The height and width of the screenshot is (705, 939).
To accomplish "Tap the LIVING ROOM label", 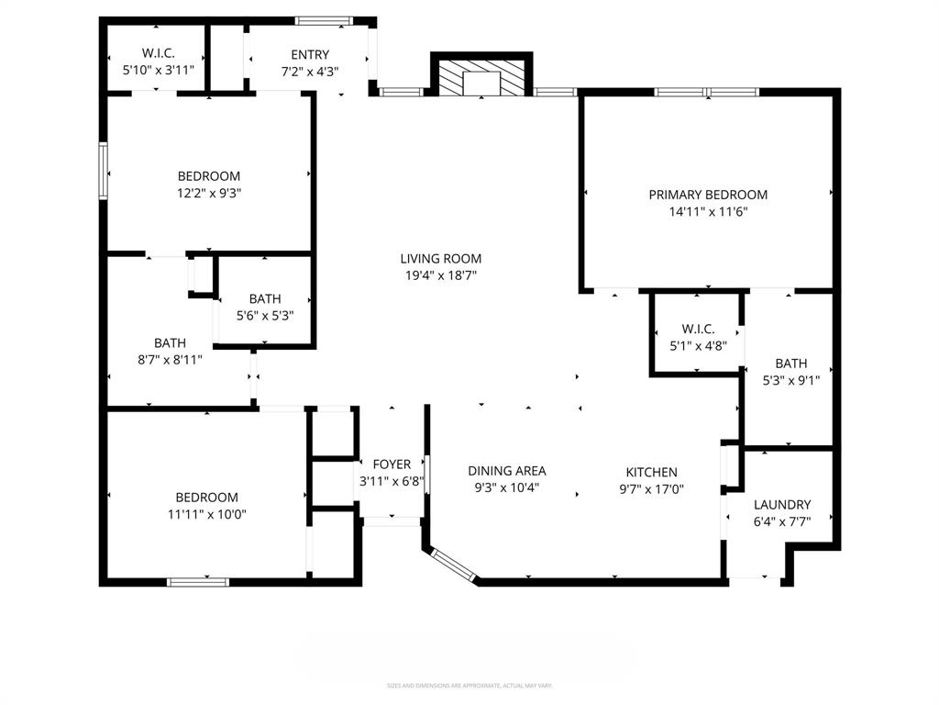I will click(x=440, y=259).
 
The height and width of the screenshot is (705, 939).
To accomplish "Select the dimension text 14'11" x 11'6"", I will click(x=708, y=211).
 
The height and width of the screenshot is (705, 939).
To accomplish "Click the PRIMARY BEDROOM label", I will click(x=708, y=195).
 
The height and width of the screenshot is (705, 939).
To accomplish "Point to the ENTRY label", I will click(x=310, y=55).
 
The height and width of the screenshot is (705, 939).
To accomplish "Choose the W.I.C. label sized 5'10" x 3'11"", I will click(x=159, y=53).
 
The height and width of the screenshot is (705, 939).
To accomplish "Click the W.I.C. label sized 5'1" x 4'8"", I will click(x=698, y=330).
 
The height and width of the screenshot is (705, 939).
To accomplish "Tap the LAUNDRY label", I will click(x=782, y=505).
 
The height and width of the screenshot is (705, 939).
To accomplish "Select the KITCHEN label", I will click(x=652, y=472).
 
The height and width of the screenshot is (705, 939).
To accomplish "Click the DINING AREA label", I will click(x=507, y=471).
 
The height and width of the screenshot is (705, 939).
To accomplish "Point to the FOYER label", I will click(x=392, y=464).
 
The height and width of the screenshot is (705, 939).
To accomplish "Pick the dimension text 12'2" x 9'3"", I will click(x=209, y=193).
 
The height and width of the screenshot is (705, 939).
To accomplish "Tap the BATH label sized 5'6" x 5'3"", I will click(x=265, y=299).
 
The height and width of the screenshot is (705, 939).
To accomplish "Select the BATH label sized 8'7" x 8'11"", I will click(x=170, y=343).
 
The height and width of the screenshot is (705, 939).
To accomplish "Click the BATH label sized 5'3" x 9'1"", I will click(x=790, y=364).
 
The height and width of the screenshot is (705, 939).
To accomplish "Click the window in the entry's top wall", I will click(x=324, y=20).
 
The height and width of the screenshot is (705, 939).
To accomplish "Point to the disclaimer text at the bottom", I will click(x=469, y=686).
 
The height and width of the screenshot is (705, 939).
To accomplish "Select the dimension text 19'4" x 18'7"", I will click(x=440, y=275).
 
